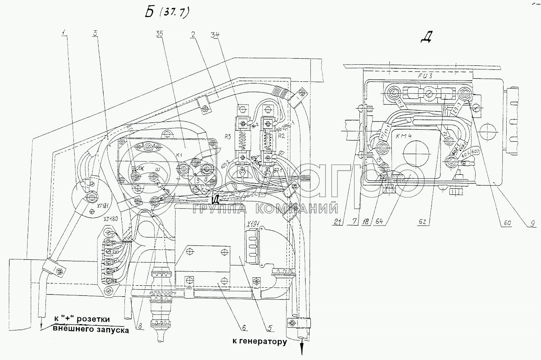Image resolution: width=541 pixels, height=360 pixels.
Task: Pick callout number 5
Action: [270, 328]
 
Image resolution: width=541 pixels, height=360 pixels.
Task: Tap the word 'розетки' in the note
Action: [98, 320]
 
